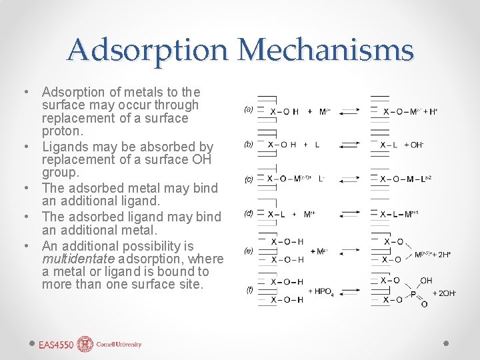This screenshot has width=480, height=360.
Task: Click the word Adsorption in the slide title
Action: pyautogui.click(x=147, y=50)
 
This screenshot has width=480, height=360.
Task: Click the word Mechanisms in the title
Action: pyautogui.click(x=325, y=50)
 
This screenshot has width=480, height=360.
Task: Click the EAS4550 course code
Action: pyautogui.click(x=56, y=345)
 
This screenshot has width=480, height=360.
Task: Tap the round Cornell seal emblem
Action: pyautogui.click(x=85, y=344)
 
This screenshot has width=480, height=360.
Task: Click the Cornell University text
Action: pyautogui.click(x=119, y=345)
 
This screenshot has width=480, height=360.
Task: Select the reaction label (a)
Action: pyautogui.click(x=248, y=109)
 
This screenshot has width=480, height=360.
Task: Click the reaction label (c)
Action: pyautogui.click(x=248, y=179)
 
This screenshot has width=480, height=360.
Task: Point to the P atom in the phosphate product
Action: pyautogui.click(x=413, y=293)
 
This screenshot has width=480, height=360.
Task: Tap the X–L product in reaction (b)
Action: pyautogui.click(x=387, y=145)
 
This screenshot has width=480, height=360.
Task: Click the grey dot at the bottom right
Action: pyautogui.click(x=447, y=343)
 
